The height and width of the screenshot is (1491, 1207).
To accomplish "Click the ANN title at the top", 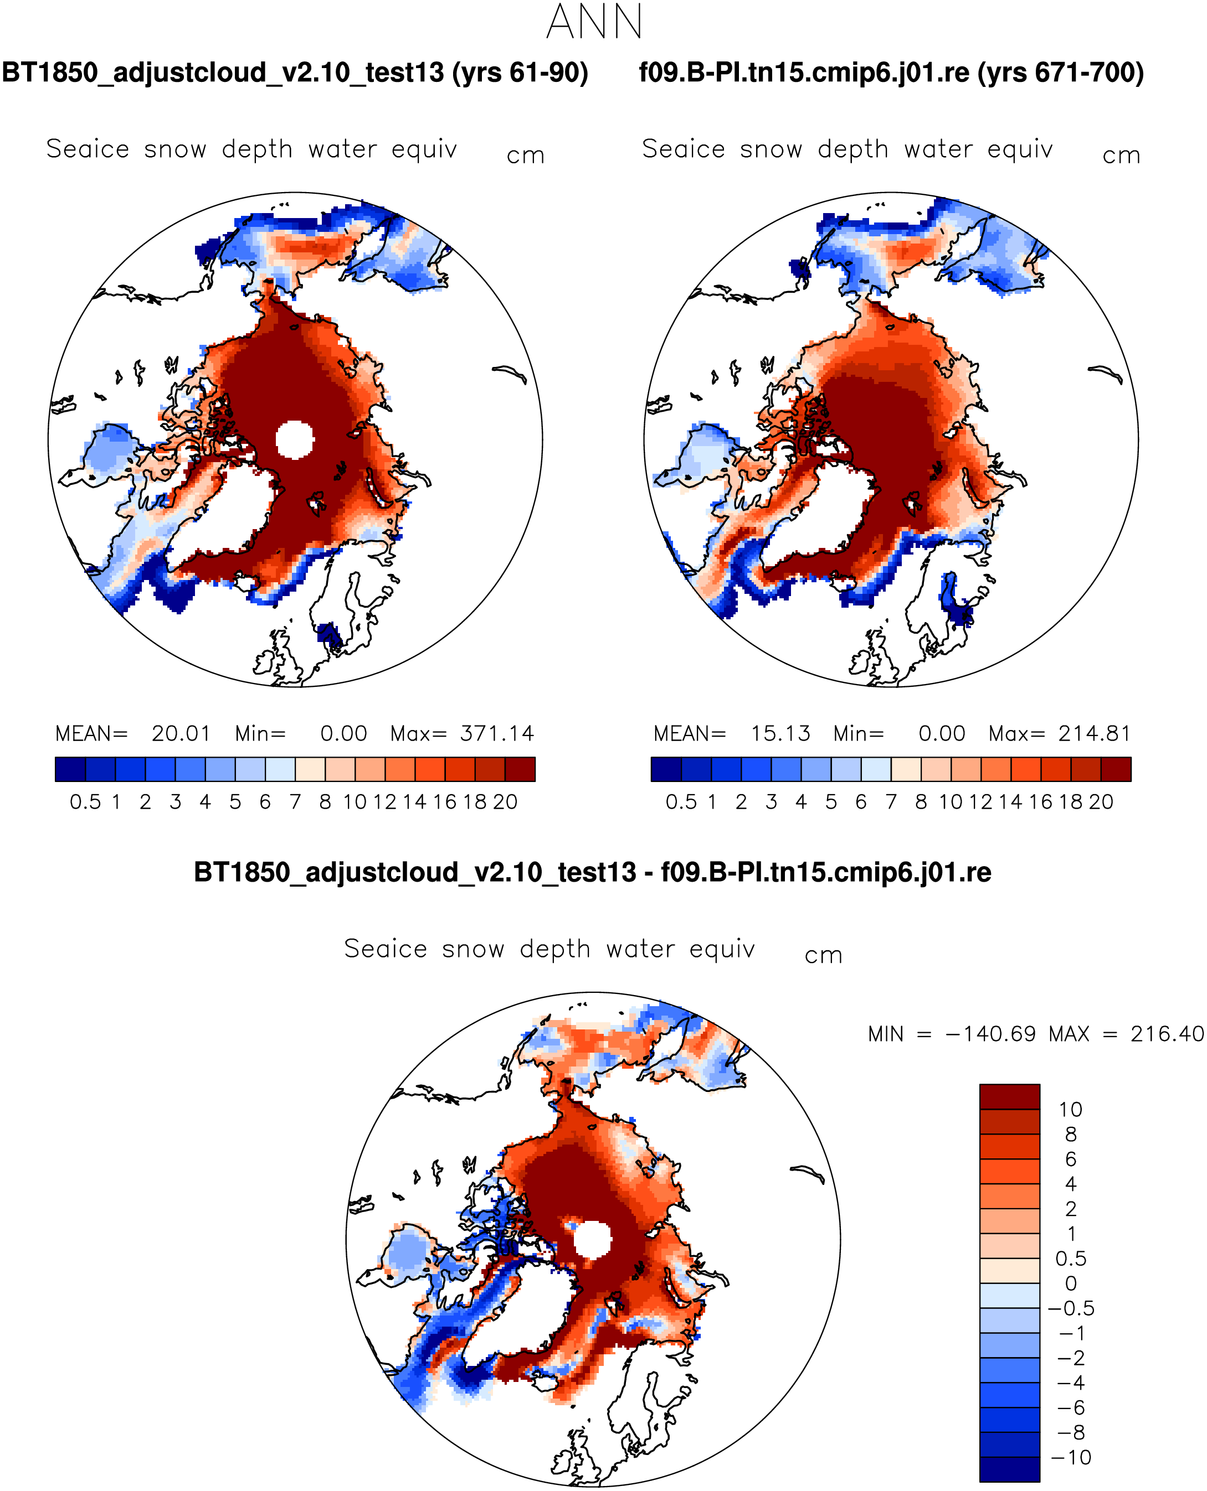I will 594,22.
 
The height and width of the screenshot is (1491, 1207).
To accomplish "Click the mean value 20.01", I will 181,734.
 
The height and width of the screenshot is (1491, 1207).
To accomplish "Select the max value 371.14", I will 496,734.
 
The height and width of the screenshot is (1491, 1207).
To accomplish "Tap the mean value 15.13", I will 780,734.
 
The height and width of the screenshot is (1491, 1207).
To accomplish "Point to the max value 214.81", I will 1095,734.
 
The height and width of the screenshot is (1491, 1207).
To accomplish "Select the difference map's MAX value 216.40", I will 1167,1034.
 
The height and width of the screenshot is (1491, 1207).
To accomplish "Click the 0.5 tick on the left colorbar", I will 85,803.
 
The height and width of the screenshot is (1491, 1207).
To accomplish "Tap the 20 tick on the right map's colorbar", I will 1101,803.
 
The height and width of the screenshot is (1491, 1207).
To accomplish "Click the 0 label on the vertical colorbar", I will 1071,1284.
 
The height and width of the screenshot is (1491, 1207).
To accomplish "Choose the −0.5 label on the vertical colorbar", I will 1071,1309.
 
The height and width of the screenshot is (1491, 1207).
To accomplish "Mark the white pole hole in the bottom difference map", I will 592,1240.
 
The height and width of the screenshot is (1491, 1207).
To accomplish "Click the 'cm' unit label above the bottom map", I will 823,956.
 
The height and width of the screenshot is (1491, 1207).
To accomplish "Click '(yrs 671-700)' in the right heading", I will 1060,73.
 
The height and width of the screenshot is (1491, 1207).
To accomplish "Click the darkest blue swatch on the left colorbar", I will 70,770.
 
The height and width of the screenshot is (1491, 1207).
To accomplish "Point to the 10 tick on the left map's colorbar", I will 355,803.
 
